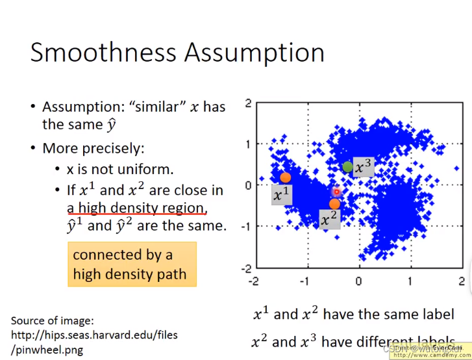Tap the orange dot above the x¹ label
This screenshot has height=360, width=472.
[285, 177]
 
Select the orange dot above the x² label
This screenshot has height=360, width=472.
[334, 203]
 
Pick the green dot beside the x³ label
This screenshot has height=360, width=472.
[348, 167]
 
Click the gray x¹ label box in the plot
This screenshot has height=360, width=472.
[281, 194]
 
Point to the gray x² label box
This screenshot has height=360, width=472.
[330, 219]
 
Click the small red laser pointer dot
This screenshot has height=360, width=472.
[336, 192]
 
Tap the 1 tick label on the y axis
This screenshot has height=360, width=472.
[247, 144]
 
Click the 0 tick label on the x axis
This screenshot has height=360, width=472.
[358, 281]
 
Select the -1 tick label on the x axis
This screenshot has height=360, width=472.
[304, 281]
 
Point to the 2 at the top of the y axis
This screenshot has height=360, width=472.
[247, 103]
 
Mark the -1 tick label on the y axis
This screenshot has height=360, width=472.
[245, 226]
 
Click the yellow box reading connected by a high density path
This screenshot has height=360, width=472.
[132, 264]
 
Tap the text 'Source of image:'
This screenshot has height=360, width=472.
[51, 320]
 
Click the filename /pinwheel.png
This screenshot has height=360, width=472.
[47, 350]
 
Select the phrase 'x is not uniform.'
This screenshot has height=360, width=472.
[120, 168]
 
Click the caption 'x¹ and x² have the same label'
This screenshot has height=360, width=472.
[353, 315]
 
